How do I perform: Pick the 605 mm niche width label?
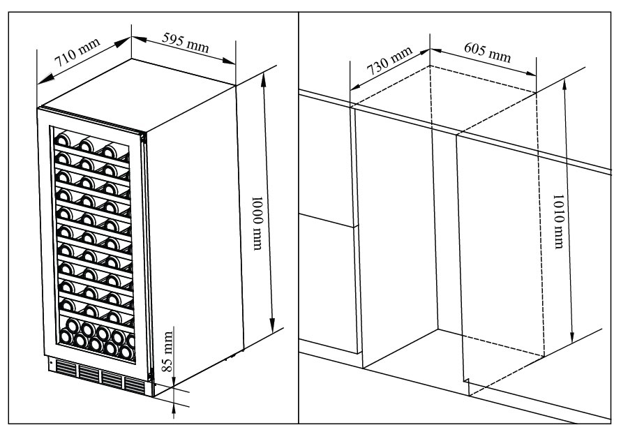487,52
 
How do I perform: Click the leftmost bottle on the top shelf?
62,137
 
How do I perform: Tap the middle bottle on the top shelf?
87,144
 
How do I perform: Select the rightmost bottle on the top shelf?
110,150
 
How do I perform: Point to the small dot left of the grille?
50,363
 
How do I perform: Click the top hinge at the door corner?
144,137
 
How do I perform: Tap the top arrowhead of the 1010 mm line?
564,84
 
